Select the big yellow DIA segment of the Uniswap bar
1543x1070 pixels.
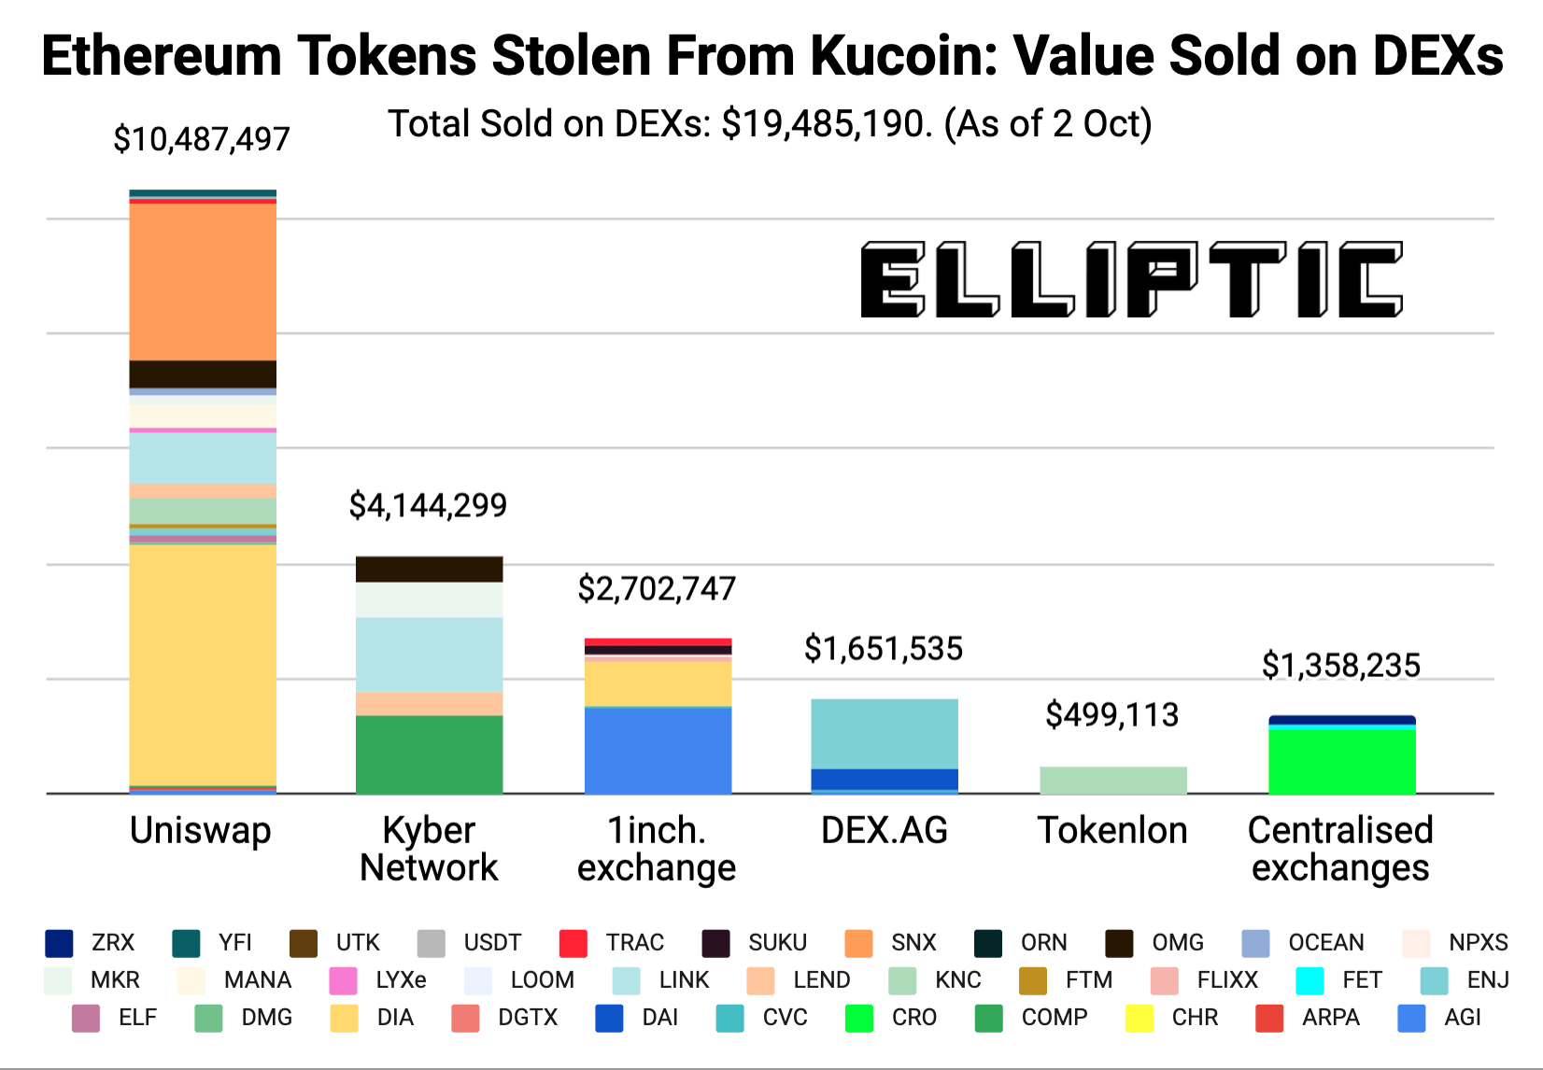[x=203, y=664]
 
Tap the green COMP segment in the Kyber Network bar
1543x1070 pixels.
[x=429, y=754]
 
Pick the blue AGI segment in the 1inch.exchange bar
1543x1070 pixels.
[x=658, y=751]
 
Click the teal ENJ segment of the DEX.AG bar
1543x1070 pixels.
[x=885, y=734]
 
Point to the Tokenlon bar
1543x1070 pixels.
[x=1113, y=781]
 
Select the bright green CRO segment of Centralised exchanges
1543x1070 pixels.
[x=1341, y=761]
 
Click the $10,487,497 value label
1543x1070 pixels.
[x=202, y=140]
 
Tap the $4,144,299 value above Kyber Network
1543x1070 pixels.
[x=428, y=506]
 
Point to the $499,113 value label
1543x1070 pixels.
[x=1112, y=715]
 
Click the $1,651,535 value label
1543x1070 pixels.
[x=884, y=649]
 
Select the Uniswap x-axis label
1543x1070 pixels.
[x=201, y=830]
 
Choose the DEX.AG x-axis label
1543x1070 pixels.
[x=884, y=830]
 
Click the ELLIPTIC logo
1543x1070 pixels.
[x=1131, y=280]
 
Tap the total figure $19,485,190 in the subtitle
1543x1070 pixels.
[x=827, y=124]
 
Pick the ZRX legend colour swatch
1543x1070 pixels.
[x=59, y=943]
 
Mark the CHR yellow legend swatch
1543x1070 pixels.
[x=1140, y=1018]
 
